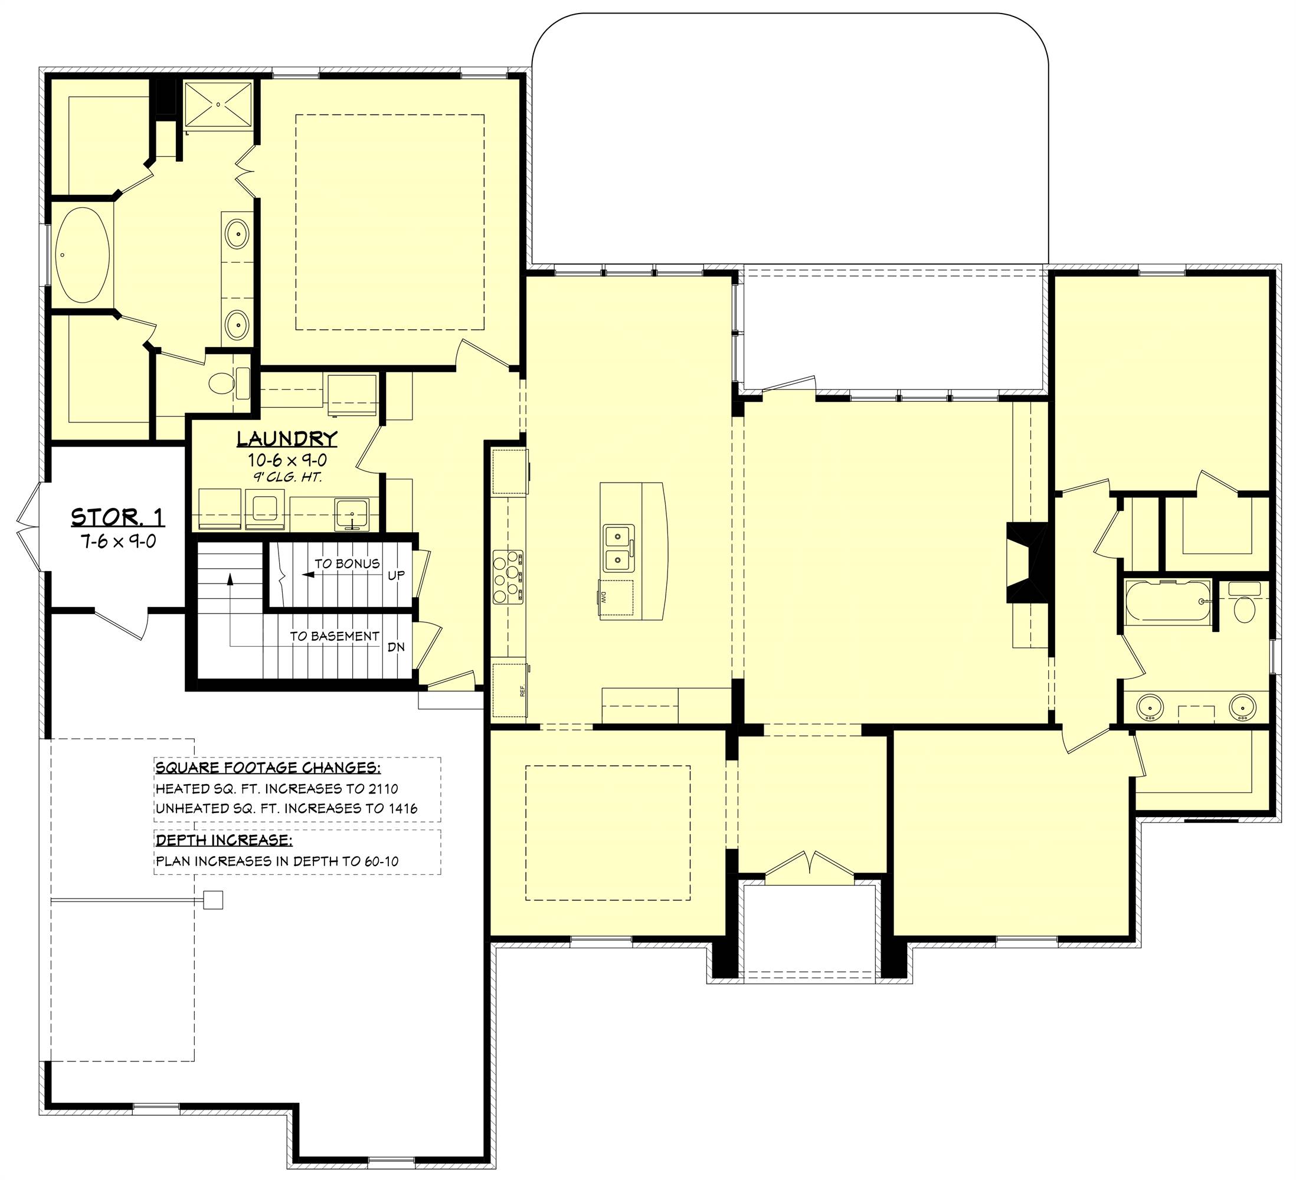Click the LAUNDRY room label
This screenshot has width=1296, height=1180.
pos(287,439)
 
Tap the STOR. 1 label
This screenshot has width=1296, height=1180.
pos(117,517)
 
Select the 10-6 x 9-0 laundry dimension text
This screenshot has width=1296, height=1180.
pos(287,460)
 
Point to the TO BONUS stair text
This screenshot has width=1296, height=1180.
pos(347,563)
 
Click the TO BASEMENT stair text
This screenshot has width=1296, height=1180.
pos(334,635)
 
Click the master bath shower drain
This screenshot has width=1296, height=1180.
pos(218,104)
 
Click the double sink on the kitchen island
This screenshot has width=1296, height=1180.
pos(618,548)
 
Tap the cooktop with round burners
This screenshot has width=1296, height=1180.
pos(508,576)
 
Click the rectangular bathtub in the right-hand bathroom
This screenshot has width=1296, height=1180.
pos(1167,602)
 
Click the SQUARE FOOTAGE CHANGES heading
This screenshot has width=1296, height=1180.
pos(268,768)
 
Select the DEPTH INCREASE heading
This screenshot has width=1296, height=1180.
pos(224,840)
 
